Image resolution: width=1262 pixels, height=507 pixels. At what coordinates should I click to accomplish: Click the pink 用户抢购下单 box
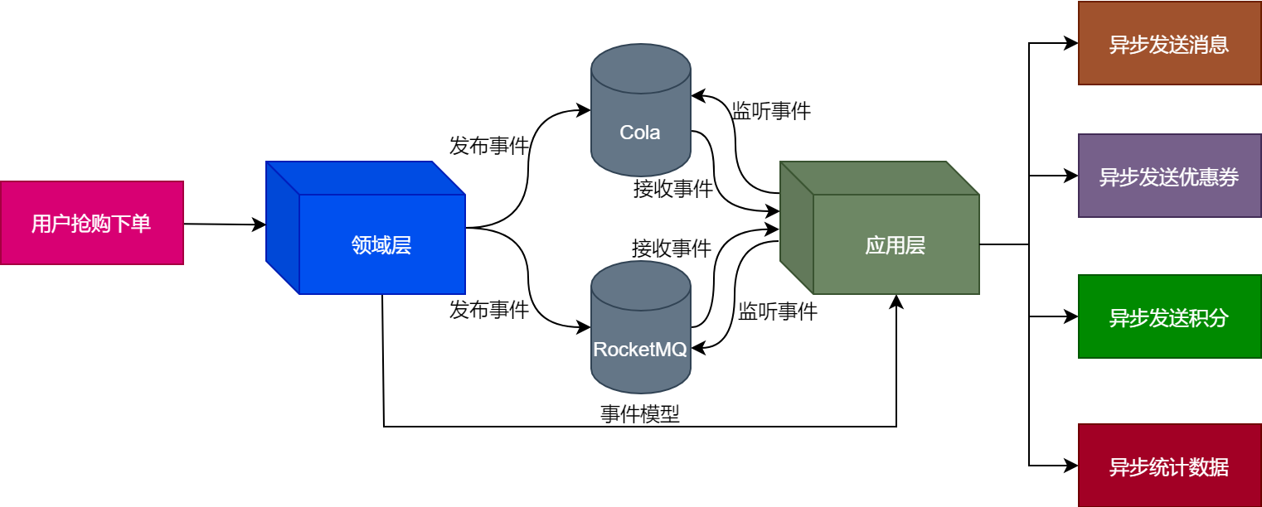(x=91, y=223)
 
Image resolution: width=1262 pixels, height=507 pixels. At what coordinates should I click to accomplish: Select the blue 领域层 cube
(x=381, y=244)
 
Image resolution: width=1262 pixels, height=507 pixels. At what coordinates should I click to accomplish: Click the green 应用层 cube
(x=896, y=244)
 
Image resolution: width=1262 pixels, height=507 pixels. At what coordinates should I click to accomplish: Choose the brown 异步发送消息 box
(x=1169, y=43)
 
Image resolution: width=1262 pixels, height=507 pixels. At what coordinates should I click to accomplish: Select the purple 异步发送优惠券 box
(x=1169, y=176)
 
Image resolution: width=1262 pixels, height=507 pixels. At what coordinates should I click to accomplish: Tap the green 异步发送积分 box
(x=1169, y=316)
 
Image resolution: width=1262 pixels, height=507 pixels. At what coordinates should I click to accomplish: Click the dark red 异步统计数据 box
(x=1169, y=466)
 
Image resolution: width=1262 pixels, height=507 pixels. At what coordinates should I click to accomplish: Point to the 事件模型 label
(x=640, y=414)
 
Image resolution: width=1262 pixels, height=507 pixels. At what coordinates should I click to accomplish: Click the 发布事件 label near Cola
(x=489, y=147)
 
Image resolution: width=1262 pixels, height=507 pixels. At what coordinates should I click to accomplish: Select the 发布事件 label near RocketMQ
(x=489, y=311)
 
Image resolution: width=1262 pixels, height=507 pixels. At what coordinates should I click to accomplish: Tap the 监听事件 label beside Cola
(x=771, y=111)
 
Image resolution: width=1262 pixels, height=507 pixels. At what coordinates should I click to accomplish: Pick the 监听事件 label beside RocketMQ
(x=778, y=311)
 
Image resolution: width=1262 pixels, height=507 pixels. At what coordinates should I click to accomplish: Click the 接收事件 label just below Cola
(x=673, y=189)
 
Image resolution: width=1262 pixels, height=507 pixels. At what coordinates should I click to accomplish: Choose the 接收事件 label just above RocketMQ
(x=672, y=248)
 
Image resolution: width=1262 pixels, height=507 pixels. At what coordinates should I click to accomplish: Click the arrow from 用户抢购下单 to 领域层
(x=224, y=225)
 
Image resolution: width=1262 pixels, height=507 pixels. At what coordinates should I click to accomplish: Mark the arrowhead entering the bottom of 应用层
(x=896, y=301)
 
